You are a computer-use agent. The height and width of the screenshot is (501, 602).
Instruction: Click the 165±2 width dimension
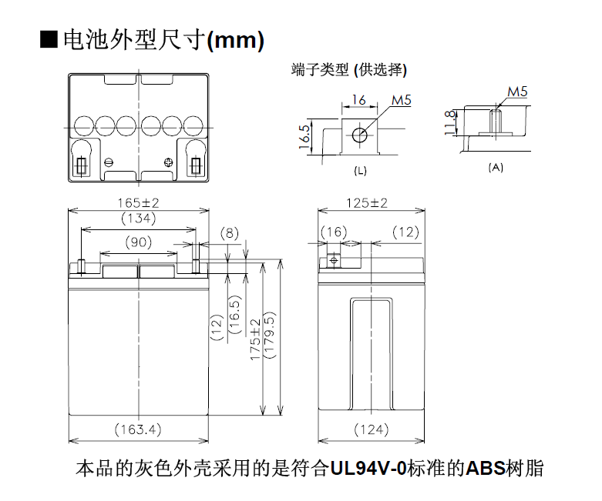coord(138,202)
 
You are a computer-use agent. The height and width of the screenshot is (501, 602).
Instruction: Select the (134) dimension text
coord(139,218)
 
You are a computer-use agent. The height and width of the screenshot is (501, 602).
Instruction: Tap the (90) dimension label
coord(139,242)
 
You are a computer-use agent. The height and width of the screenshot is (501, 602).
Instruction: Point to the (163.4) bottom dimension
coord(138,429)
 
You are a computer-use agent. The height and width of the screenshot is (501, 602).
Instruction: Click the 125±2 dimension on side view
coord(367,202)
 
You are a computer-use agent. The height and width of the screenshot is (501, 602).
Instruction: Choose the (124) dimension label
coord(372,429)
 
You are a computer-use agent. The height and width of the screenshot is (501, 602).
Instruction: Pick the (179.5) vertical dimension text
coord(270,335)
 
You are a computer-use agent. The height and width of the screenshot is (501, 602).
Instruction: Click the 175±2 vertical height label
coord(255,340)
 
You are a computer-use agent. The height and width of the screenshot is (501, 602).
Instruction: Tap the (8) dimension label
coord(230,233)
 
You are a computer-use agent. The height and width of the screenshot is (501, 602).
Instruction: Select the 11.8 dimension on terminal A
coord(450,122)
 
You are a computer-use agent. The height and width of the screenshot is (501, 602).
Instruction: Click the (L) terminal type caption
coord(360,171)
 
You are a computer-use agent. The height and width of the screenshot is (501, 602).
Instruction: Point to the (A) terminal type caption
coord(496,168)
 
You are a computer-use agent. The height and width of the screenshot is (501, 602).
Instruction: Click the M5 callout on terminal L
coord(402,100)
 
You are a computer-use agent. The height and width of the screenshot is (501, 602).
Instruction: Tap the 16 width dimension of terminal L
coord(359,100)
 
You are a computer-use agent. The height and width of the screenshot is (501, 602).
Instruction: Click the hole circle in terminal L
coord(360,135)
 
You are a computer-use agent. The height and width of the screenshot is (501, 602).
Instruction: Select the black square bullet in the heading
coord(49,39)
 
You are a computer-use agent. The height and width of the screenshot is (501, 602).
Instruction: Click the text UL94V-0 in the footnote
coord(368,469)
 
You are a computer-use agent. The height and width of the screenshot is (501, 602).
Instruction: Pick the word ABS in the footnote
coord(486,469)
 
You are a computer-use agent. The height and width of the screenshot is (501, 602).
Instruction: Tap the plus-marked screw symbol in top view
coord(168,162)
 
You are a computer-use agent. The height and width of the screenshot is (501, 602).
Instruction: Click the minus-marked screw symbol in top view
coord(109,162)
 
